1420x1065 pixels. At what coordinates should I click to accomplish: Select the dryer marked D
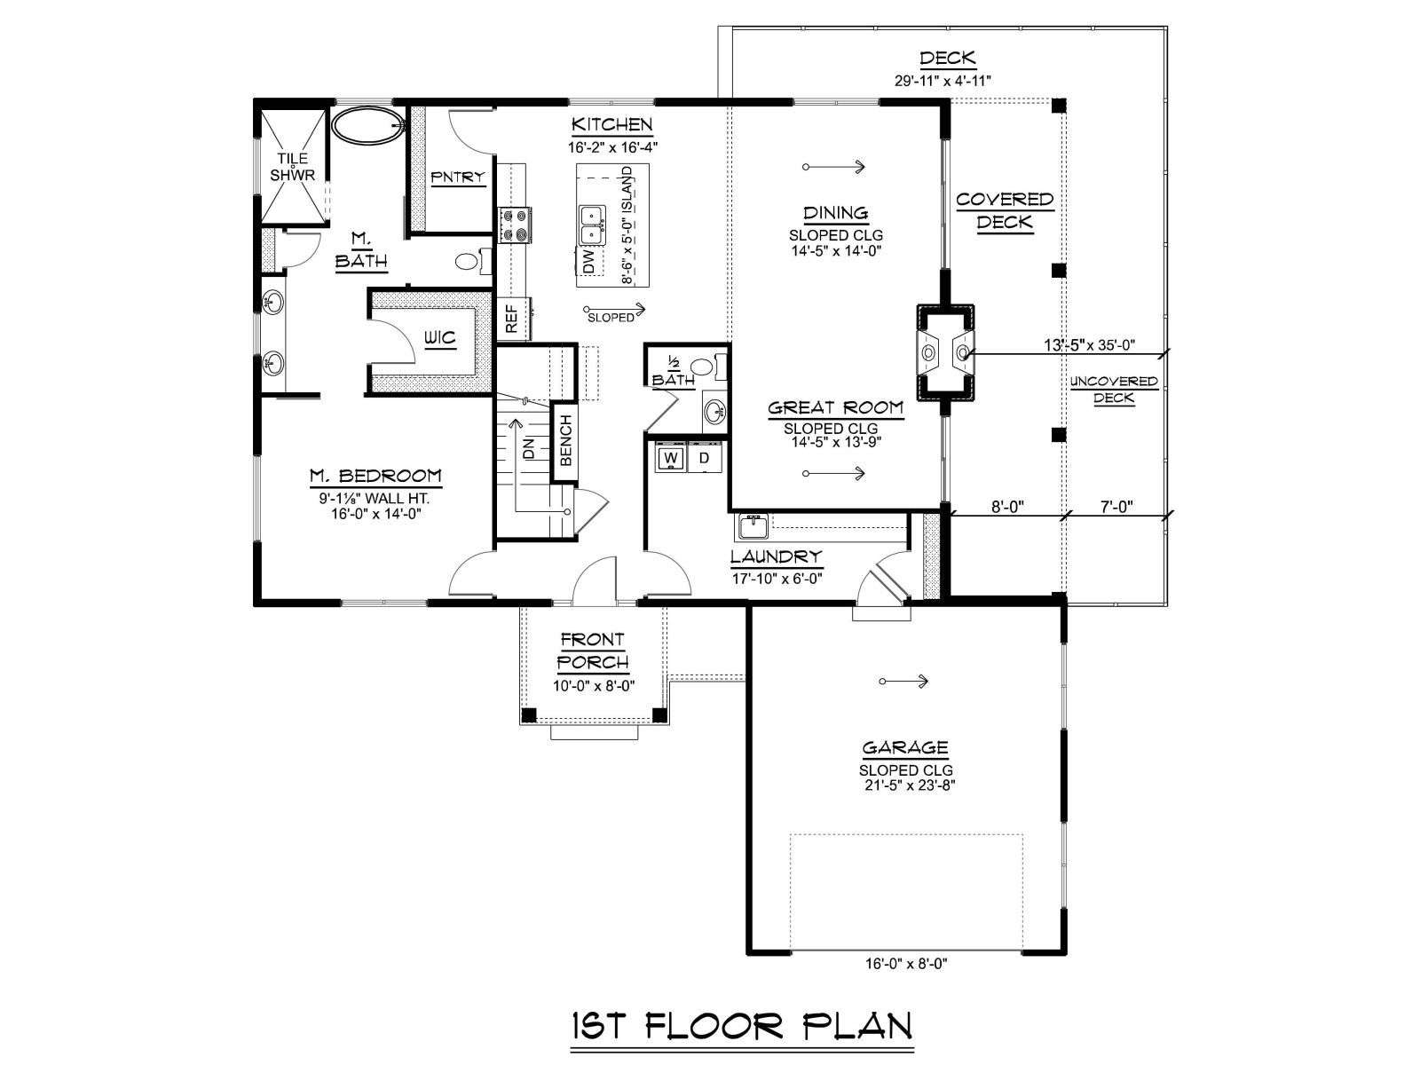[705, 458]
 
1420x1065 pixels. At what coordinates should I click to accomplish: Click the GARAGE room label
[905, 748]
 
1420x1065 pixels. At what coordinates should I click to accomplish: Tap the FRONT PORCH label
[593, 651]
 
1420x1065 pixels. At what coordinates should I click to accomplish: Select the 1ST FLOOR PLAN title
[742, 1026]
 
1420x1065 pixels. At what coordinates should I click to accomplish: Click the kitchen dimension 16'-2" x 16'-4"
[612, 147]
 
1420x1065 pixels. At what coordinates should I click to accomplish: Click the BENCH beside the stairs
[564, 442]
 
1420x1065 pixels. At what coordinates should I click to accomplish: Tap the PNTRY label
[458, 177]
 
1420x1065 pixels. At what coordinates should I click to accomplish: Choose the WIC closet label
[439, 337]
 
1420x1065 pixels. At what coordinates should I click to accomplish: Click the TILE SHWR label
[292, 167]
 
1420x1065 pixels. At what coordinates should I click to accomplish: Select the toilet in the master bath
[470, 261]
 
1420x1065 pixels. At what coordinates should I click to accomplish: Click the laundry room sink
[751, 526]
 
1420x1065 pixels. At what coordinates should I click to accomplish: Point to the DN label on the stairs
[529, 448]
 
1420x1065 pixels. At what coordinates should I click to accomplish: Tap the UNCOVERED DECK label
[1113, 390]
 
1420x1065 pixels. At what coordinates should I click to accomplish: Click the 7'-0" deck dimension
[1116, 506]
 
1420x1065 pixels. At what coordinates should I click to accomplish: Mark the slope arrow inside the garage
[903, 681]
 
